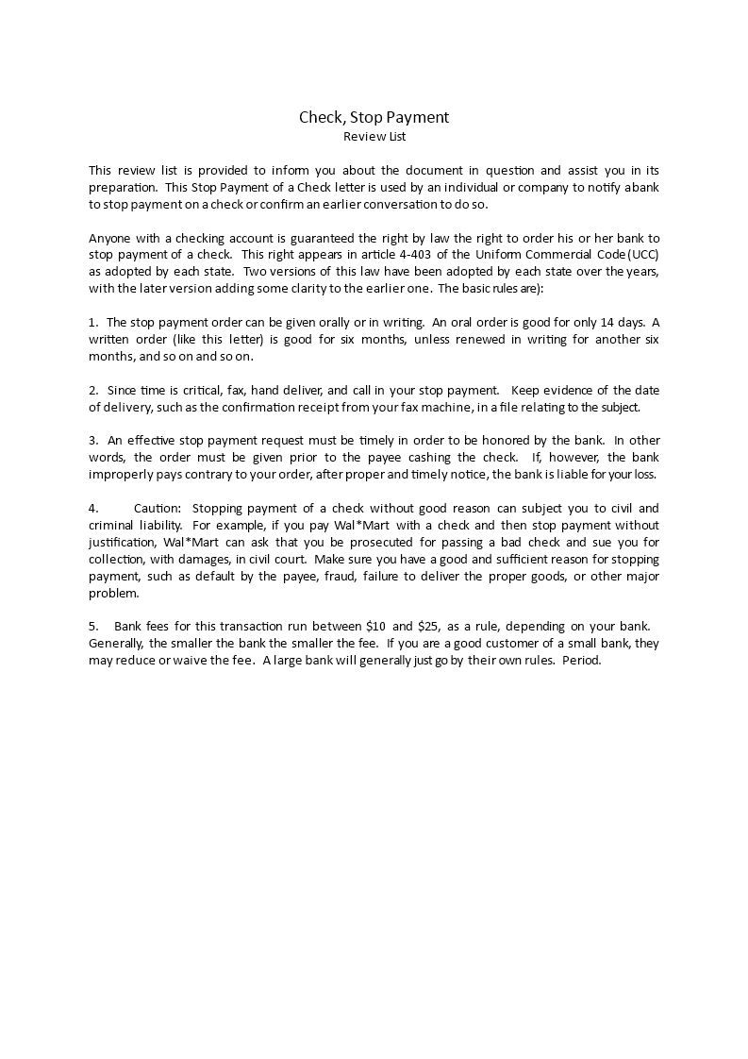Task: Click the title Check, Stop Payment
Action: click(374, 117)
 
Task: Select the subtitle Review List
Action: click(374, 137)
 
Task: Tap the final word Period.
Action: click(581, 661)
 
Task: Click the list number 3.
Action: click(92, 440)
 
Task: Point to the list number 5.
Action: click(92, 627)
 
